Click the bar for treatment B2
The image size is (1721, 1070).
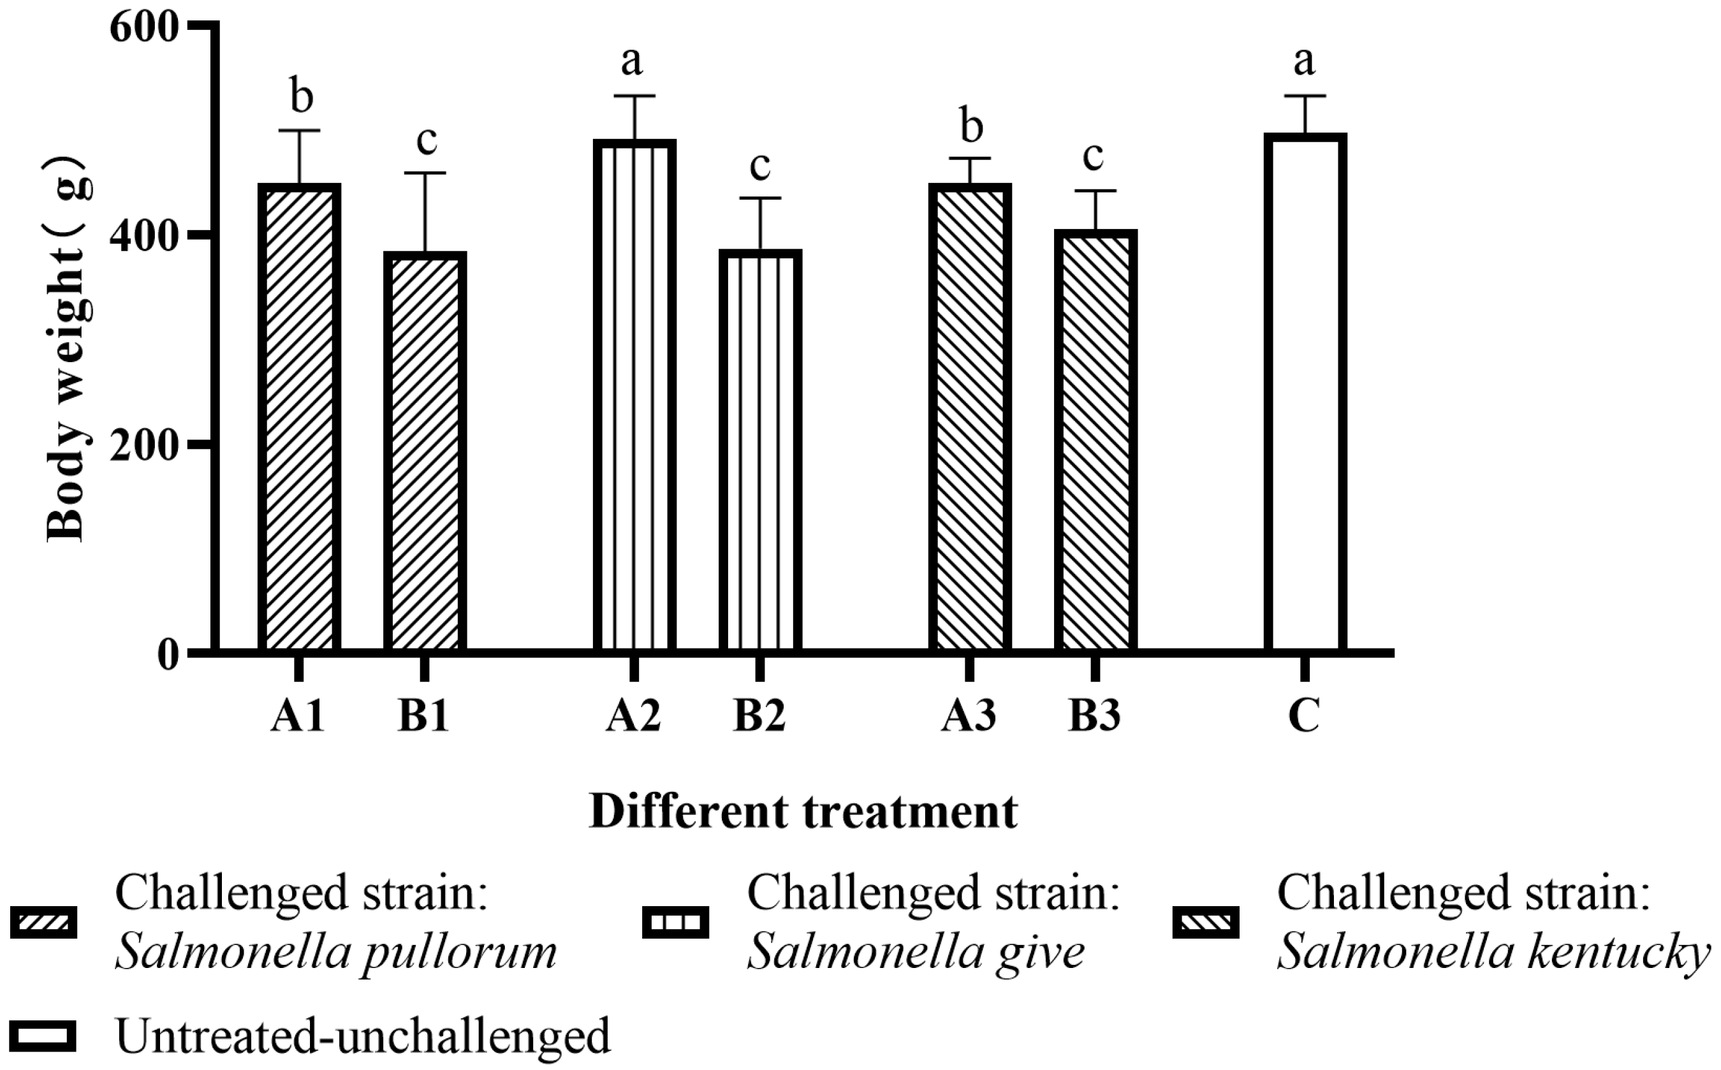(x=760, y=451)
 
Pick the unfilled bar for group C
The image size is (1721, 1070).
(x=1305, y=393)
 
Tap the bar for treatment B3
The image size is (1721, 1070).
(x=1095, y=440)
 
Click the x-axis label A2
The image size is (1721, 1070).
(x=633, y=715)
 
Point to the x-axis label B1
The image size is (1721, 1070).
(x=424, y=715)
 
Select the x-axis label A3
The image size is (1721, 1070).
(x=969, y=715)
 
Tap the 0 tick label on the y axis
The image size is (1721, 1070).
(x=168, y=656)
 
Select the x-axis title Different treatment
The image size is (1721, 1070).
(x=803, y=812)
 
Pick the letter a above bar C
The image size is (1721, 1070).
(x=1304, y=62)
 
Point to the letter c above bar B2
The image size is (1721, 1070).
(x=759, y=166)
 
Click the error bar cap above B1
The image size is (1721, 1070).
(x=425, y=173)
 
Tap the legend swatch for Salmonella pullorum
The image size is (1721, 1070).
(x=44, y=923)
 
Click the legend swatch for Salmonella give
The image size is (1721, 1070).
(x=675, y=923)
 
